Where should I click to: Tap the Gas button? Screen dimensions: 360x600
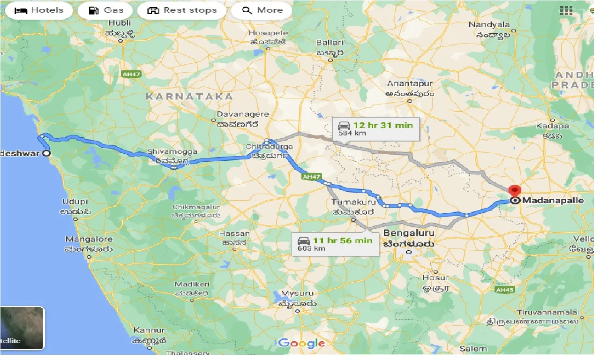pyautogui.click(x=105, y=10)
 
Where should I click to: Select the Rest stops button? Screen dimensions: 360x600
pyautogui.click(x=181, y=10)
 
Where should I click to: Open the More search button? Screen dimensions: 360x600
pyautogui.click(x=262, y=10)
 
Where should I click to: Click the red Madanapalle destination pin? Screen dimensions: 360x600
pyautogui.click(x=515, y=191)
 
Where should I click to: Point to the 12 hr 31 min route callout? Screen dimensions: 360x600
pyautogui.click(x=375, y=128)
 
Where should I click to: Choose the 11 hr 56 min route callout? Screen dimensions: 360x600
pyautogui.click(x=335, y=244)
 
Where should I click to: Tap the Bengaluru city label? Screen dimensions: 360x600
pyautogui.click(x=409, y=233)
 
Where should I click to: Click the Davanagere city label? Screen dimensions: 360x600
pyautogui.click(x=243, y=114)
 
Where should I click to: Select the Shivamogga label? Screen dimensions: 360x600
pyautogui.click(x=172, y=152)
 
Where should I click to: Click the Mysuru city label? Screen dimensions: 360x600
pyautogui.click(x=297, y=294)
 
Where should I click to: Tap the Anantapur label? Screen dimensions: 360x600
pyautogui.click(x=410, y=83)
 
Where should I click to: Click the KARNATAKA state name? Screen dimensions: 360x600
pyautogui.click(x=189, y=97)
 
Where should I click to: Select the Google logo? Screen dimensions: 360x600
pyautogui.click(x=301, y=343)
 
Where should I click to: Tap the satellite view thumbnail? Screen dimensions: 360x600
pyautogui.click(x=22, y=328)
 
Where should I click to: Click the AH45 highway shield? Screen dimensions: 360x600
pyautogui.click(x=504, y=290)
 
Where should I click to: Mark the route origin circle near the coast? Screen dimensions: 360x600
pyautogui.click(x=46, y=153)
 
